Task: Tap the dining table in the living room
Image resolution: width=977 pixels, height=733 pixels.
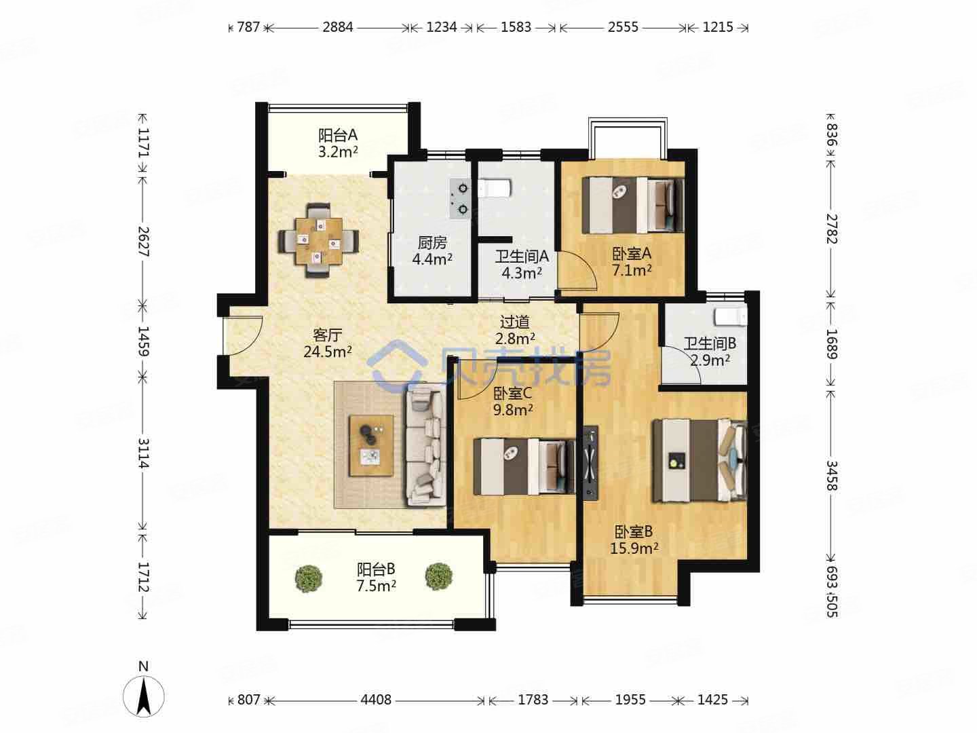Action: click(319, 241)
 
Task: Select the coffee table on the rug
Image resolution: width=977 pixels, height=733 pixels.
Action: click(371, 445)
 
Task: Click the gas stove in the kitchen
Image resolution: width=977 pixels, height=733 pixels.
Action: click(459, 199)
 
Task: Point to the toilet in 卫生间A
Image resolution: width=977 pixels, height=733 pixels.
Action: click(494, 188)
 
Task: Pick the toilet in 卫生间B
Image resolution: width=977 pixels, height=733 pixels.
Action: click(731, 318)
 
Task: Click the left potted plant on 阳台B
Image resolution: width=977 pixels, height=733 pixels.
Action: click(309, 578)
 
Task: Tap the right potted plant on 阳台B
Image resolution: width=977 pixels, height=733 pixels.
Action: click(439, 576)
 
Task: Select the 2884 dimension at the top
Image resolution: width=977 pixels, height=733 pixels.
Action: click(338, 27)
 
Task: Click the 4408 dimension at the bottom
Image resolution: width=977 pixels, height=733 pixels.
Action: click(376, 700)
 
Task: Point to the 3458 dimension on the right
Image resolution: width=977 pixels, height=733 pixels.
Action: click(831, 475)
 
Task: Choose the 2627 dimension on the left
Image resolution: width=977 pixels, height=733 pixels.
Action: click(143, 242)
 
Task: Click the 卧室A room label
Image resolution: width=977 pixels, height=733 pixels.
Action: click(632, 254)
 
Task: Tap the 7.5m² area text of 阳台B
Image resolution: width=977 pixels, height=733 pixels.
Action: click(376, 586)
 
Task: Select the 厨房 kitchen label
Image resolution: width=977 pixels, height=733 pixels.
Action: click(432, 242)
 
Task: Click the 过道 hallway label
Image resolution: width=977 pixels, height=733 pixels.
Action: click(514, 321)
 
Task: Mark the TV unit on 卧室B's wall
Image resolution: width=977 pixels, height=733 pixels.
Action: click(591, 464)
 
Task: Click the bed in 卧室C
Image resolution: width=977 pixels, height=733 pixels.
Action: click(524, 466)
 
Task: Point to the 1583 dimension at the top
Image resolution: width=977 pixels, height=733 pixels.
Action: click(516, 27)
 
